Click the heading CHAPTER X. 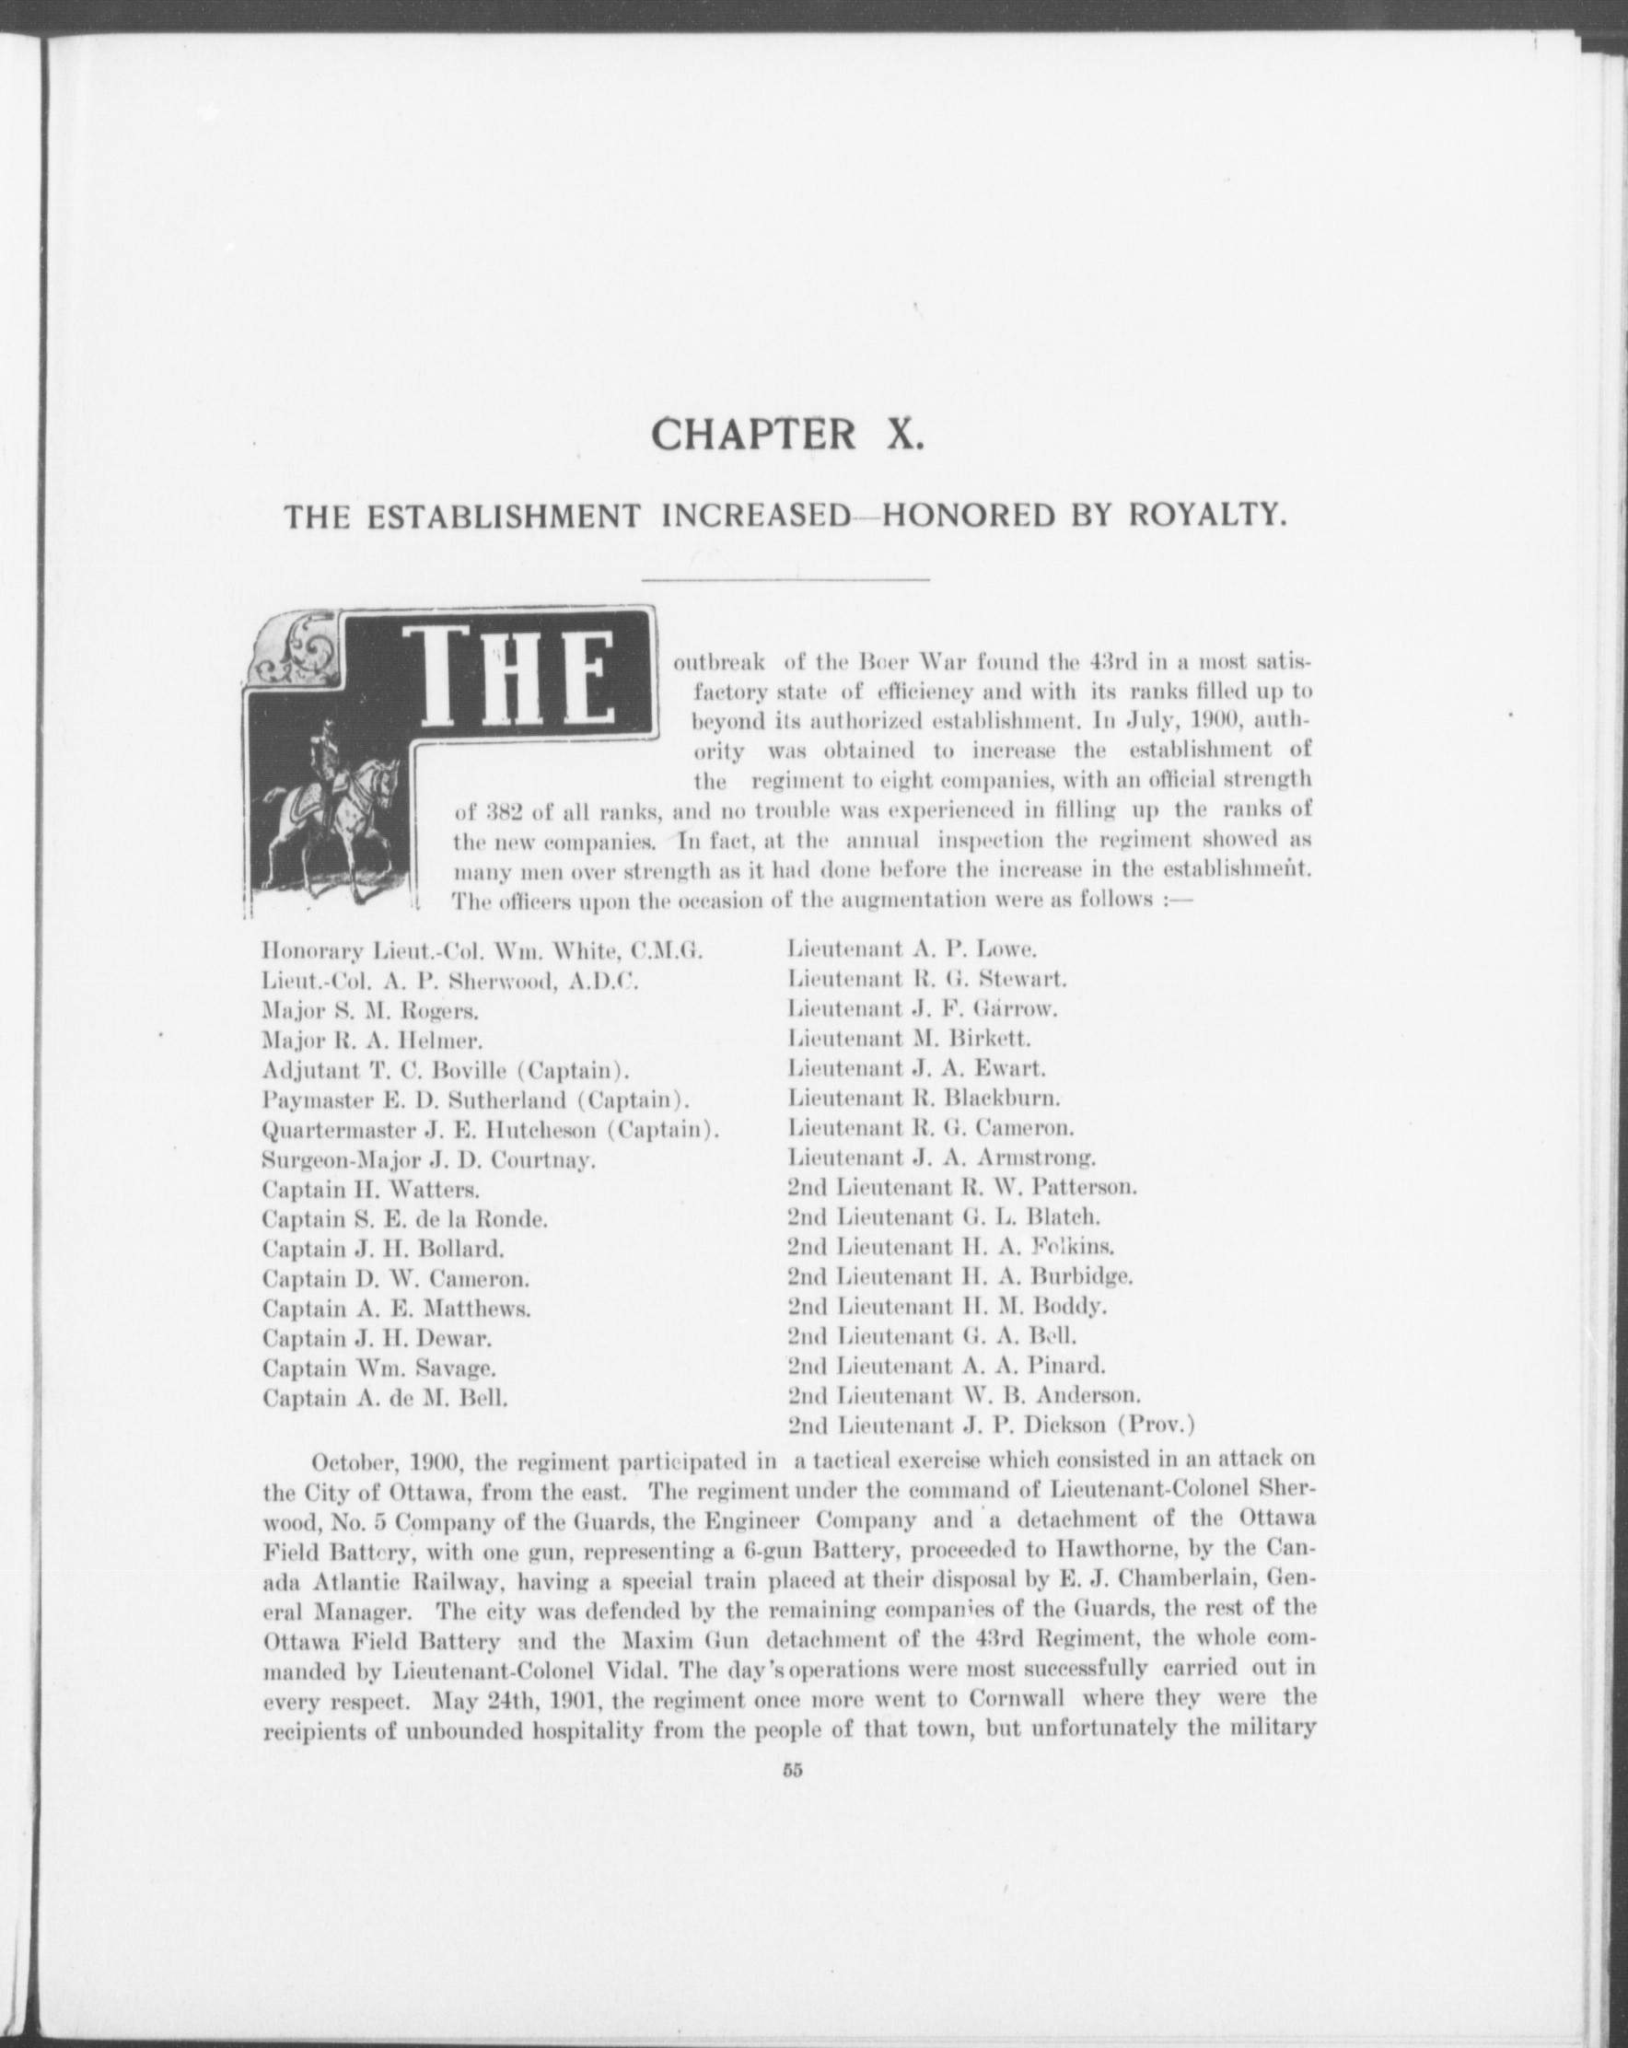pyautogui.click(x=786, y=434)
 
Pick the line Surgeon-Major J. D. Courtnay pyautogui.click(x=428, y=1158)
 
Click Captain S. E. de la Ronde pyautogui.click(x=404, y=1218)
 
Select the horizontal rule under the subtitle pyautogui.click(x=786, y=578)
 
